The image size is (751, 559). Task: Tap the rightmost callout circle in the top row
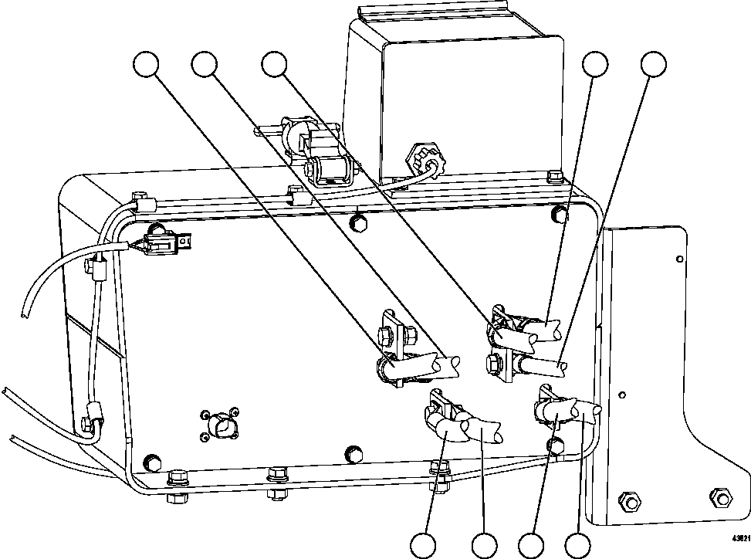(x=654, y=65)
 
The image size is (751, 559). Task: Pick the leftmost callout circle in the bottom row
(x=424, y=545)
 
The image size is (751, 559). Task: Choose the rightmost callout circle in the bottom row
(x=578, y=545)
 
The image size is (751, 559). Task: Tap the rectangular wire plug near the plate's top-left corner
(x=164, y=244)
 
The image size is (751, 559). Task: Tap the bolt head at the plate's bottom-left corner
(x=153, y=462)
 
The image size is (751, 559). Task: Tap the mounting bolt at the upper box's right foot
(x=553, y=177)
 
